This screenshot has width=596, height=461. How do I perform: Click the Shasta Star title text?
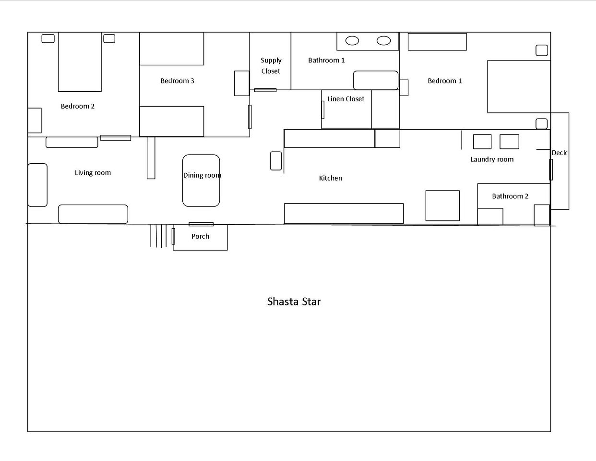[294, 302]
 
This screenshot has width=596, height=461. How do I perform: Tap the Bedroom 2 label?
[78, 106]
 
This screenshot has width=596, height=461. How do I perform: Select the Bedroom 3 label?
[177, 81]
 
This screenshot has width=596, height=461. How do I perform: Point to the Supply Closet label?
[271, 66]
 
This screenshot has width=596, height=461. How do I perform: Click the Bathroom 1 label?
[326, 60]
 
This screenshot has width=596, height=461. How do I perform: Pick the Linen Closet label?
[346, 99]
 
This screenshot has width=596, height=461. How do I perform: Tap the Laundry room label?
[492, 159]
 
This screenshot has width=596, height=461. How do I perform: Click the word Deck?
[559, 153]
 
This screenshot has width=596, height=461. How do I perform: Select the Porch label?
[200, 236]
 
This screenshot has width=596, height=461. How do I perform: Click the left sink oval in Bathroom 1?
[352, 41]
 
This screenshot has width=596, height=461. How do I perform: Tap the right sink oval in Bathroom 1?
[384, 41]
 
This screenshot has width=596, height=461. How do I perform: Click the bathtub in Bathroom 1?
[376, 80]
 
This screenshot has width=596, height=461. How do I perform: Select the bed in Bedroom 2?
[80, 62]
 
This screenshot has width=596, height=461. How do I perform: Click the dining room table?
[201, 181]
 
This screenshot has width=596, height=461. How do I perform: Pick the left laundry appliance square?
[482, 142]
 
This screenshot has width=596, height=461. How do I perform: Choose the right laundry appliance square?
[509, 142]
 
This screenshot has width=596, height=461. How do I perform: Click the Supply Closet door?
[265, 90]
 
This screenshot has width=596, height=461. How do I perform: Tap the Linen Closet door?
[323, 110]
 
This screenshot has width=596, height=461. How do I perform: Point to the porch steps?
[158, 236]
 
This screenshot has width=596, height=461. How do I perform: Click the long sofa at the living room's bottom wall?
[93, 214]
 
